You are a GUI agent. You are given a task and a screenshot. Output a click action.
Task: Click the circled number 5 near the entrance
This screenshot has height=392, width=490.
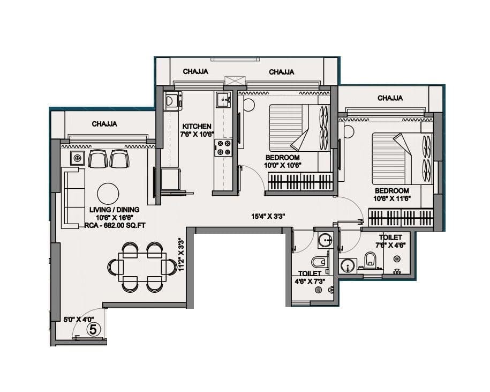[93, 329]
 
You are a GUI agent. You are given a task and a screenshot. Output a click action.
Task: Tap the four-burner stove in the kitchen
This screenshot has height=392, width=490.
[223, 147]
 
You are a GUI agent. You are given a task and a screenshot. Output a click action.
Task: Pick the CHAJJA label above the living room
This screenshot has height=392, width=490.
[104, 124]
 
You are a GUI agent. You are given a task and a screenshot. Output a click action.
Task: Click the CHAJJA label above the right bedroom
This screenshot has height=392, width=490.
[390, 98]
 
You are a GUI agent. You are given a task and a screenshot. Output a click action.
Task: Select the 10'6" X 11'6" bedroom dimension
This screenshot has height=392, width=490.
[391, 199]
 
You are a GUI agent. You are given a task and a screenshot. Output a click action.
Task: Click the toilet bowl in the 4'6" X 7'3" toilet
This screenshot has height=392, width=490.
[318, 262]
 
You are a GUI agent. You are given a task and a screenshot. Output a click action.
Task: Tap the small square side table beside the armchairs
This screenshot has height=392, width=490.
[78, 158]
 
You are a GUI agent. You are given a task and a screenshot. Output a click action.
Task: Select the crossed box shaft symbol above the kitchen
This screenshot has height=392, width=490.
[234, 82]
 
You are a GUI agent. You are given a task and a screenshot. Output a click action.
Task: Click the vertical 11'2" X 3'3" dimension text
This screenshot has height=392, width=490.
[181, 255]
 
